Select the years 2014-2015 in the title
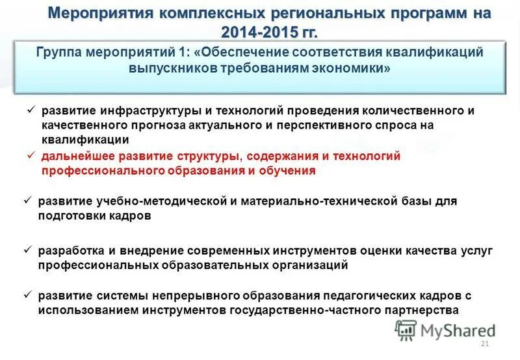coord(257,32)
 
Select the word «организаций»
coord(308,265)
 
